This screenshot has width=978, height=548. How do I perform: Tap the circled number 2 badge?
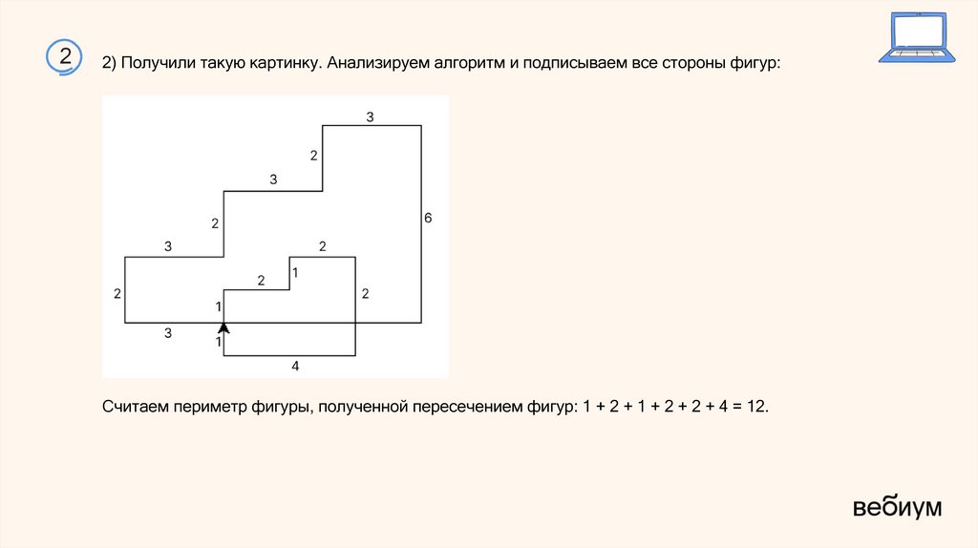coord(65,56)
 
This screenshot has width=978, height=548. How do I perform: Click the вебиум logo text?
coord(897,507)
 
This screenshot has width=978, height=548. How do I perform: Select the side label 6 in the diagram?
coord(428,219)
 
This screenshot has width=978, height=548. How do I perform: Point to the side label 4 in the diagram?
coord(295,366)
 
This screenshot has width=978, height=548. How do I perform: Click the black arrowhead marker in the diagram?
coord(223,327)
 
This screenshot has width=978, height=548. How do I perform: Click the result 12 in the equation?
coord(754,407)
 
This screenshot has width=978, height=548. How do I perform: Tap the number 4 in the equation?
coord(712,407)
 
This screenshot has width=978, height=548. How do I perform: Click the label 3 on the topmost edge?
coord(370,117)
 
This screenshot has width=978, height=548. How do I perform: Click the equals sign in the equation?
coord(730,407)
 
